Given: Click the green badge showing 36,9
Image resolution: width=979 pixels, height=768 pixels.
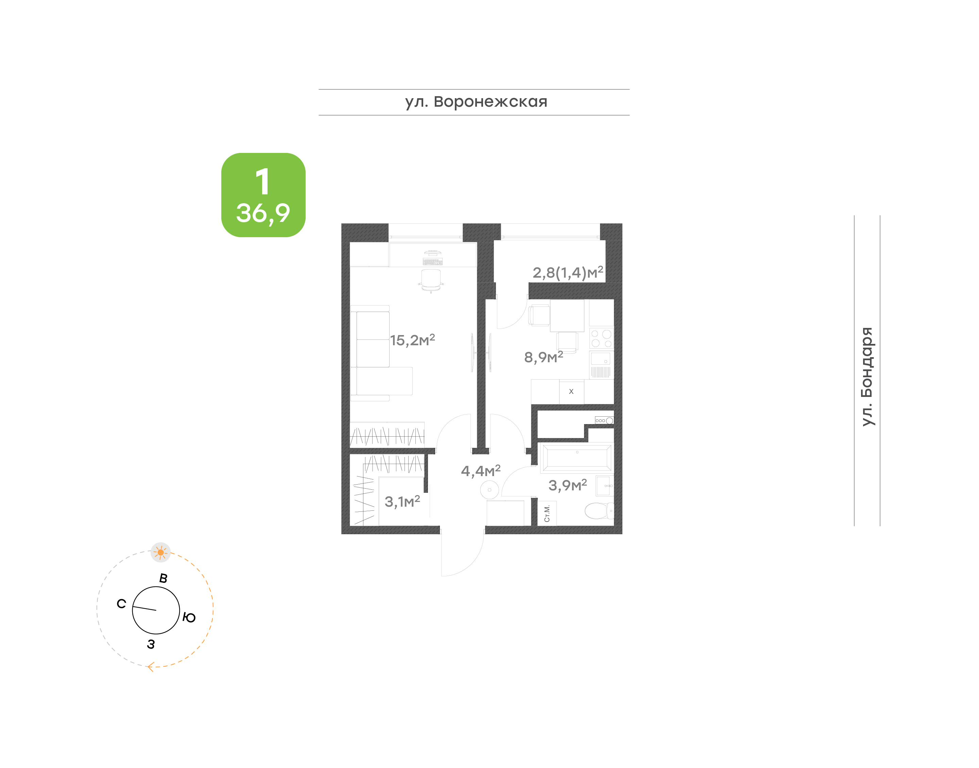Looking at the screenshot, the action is click(263, 195).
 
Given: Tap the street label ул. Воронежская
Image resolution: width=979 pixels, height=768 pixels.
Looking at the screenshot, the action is click(476, 102).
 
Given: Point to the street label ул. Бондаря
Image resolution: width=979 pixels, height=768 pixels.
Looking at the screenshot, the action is click(866, 377).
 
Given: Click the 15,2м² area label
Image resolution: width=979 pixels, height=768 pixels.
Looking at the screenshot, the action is click(412, 340).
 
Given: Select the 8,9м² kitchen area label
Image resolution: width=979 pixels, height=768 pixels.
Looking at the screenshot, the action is click(543, 357).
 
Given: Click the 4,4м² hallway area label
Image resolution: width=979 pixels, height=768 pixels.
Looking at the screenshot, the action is click(480, 471).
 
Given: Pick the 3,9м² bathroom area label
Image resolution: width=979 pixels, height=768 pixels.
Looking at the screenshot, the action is click(568, 485).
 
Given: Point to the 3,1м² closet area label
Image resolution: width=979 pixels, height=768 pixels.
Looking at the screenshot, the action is click(402, 501).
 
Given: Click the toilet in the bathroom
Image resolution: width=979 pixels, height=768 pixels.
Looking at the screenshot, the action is click(599, 511).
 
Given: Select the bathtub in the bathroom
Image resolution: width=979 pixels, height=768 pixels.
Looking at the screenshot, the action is click(577, 458).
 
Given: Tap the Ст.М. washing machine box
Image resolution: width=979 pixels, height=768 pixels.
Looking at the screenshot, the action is click(547, 513).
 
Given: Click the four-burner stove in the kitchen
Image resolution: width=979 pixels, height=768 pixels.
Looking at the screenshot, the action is click(601, 338).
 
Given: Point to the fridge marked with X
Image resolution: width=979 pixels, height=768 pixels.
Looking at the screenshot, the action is click(571, 391).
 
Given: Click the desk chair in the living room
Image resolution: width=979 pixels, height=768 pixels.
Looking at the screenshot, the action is click(431, 281).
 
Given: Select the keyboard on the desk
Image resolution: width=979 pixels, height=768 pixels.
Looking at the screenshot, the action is click(433, 261).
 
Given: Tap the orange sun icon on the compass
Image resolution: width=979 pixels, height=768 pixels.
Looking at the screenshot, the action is click(160, 552).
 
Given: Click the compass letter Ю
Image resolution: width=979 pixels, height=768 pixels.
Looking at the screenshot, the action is click(189, 617).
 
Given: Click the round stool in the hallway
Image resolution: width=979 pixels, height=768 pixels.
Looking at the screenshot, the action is click(489, 490).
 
